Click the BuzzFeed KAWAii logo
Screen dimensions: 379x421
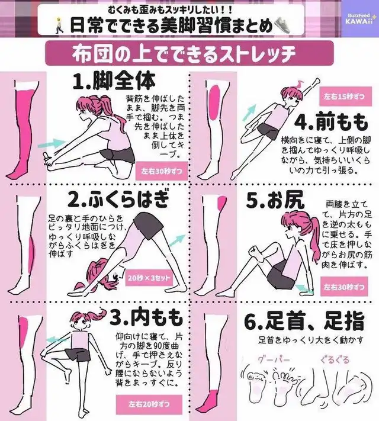tap(359, 20)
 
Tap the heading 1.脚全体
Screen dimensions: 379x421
tap(114, 81)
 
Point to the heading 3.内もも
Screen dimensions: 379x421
tap(146, 319)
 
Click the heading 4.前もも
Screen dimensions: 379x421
tap(331, 123)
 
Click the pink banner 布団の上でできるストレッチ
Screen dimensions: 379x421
tap(189, 53)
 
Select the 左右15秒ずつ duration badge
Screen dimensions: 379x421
tap(344, 97)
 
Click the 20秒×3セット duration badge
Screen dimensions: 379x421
tap(149, 278)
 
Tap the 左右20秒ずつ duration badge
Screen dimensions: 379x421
tap(149, 404)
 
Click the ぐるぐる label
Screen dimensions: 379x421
tap(335, 359)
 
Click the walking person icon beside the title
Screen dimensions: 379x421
tap(58, 25)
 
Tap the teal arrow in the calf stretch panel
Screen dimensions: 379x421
tap(178, 239)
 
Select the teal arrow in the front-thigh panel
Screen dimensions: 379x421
tap(249, 113)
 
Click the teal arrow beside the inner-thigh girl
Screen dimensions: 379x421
tap(56, 340)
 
